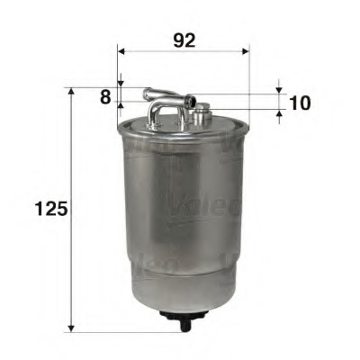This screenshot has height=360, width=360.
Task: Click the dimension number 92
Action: pos(183,40)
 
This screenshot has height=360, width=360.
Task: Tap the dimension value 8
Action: pos(106,97)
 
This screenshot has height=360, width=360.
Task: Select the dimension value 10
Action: pos(300,102)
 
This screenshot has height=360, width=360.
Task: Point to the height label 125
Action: pos(50,209)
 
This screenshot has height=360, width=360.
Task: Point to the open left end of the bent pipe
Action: pos(148,91)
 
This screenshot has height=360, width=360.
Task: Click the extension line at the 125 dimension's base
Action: pos(117,329)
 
